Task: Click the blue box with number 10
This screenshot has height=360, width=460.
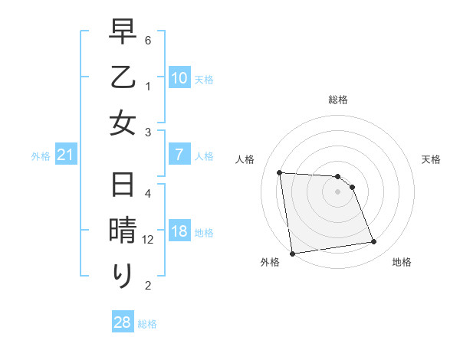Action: pyautogui.click(x=179, y=77)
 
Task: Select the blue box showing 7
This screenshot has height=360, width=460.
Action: pyautogui.click(x=179, y=155)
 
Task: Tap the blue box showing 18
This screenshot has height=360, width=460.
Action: pyautogui.click(x=179, y=232)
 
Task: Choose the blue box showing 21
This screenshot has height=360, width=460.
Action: pyautogui.click(x=65, y=155)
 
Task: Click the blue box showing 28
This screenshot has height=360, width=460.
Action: pyautogui.click(x=122, y=322)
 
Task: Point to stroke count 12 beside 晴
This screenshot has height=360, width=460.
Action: pyautogui.click(x=149, y=240)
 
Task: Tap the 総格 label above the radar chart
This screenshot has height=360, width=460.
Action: pyautogui.click(x=338, y=100)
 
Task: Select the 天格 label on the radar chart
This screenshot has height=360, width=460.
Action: pyautogui.click(x=431, y=159)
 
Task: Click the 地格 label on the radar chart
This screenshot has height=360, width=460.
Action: pyautogui.click(x=402, y=262)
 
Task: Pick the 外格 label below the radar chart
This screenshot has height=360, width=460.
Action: pyautogui.click(x=270, y=262)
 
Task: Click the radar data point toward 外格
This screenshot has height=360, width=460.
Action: pyautogui.click(x=292, y=254)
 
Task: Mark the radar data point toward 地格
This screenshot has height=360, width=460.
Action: pyautogui.click(x=373, y=242)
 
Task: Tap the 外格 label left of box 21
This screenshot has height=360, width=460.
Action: pyautogui.click(x=41, y=156)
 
